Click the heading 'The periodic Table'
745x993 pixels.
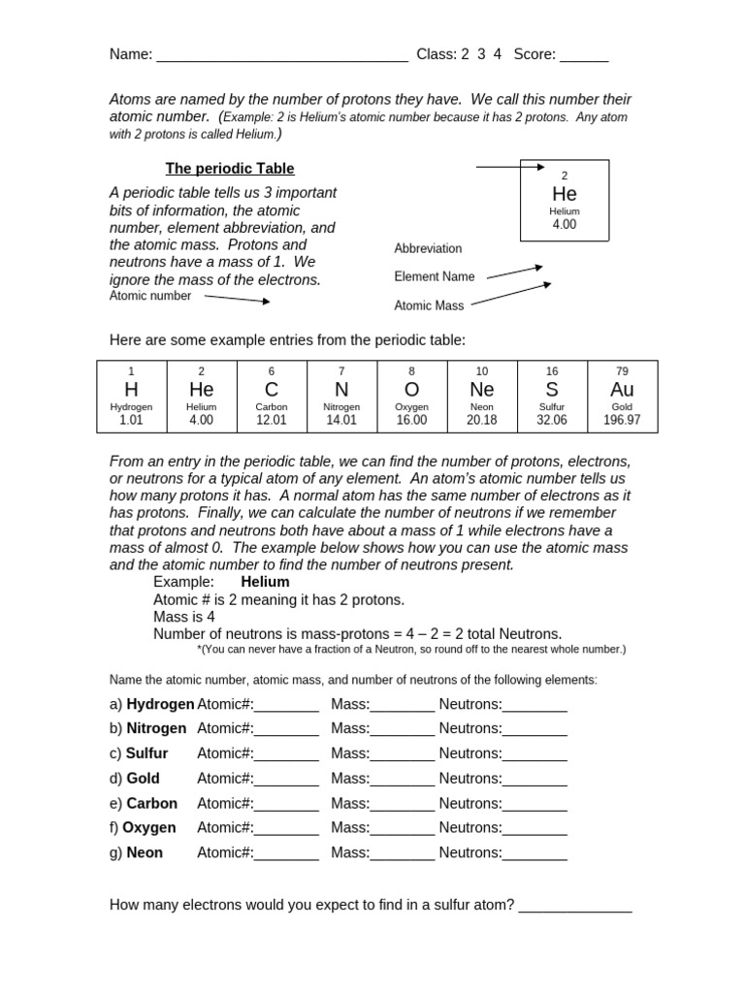pyautogui.click(x=230, y=169)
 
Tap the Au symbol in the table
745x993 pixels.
pyautogui.click(x=622, y=389)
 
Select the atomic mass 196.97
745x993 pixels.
pyautogui.click(x=622, y=420)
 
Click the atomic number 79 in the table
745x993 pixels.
pyautogui.click(x=622, y=371)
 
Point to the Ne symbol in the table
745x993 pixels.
pyautogui.click(x=482, y=389)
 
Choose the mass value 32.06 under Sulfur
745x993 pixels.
pyautogui.click(x=552, y=420)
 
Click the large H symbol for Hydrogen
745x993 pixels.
pyautogui.click(x=132, y=389)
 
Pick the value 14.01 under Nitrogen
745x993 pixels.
pyautogui.click(x=341, y=420)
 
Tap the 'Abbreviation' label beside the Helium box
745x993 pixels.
pyautogui.click(x=428, y=248)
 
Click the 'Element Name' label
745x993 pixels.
pyautogui.click(x=435, y=276)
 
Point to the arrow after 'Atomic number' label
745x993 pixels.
pyautogui.click(x=237, y=299)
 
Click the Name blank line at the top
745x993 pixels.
pyautogui.click(x=281, y=56)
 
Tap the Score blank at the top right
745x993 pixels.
pyautogui.click(x=584, y=56)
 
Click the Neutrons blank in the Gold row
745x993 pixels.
pyautogui.click(x=534, y=781)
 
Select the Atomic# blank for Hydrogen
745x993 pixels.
pyautogui.click(x=286, y=706)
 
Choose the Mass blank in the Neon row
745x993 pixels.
pyautogui.click(x=403, y=855)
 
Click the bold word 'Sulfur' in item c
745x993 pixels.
pyautogui.click(x=146, y=753)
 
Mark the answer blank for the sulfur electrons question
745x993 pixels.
pyautogui.click(x=575, y=908)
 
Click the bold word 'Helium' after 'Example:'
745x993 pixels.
pyautogui.click(x=265, y=582)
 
